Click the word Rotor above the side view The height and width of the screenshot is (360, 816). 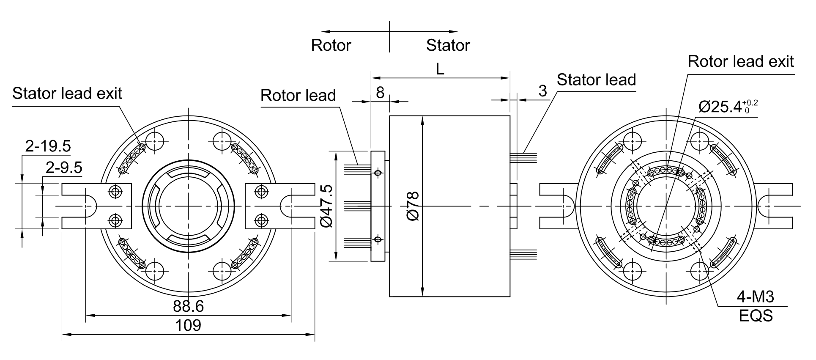(331, 45)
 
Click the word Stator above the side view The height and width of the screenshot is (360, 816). (448, 45)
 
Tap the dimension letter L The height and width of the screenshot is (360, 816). (440, 70)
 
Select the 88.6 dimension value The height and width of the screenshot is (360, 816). (188, 306)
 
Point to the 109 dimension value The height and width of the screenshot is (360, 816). (188, 325)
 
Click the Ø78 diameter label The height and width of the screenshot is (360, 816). (413, 206)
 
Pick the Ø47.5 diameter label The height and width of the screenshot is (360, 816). (326, 206)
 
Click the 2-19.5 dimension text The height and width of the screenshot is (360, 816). (48, 146)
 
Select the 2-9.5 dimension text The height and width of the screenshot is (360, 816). (64, 168)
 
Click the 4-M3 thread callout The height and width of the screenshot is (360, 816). (756, 297)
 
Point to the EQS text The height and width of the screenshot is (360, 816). (756, 316)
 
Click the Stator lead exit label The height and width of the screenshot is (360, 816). (67, 93)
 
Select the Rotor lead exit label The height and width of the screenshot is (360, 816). (741, 61)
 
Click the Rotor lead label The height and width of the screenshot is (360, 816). (298, 95)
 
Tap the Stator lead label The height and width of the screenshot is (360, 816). (596, 80)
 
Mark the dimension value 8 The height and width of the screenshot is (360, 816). (380, 93)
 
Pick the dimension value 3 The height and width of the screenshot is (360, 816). (543, 91)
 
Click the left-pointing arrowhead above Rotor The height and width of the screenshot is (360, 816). (326, 31)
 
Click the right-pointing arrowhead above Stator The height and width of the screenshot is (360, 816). (453, 31)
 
